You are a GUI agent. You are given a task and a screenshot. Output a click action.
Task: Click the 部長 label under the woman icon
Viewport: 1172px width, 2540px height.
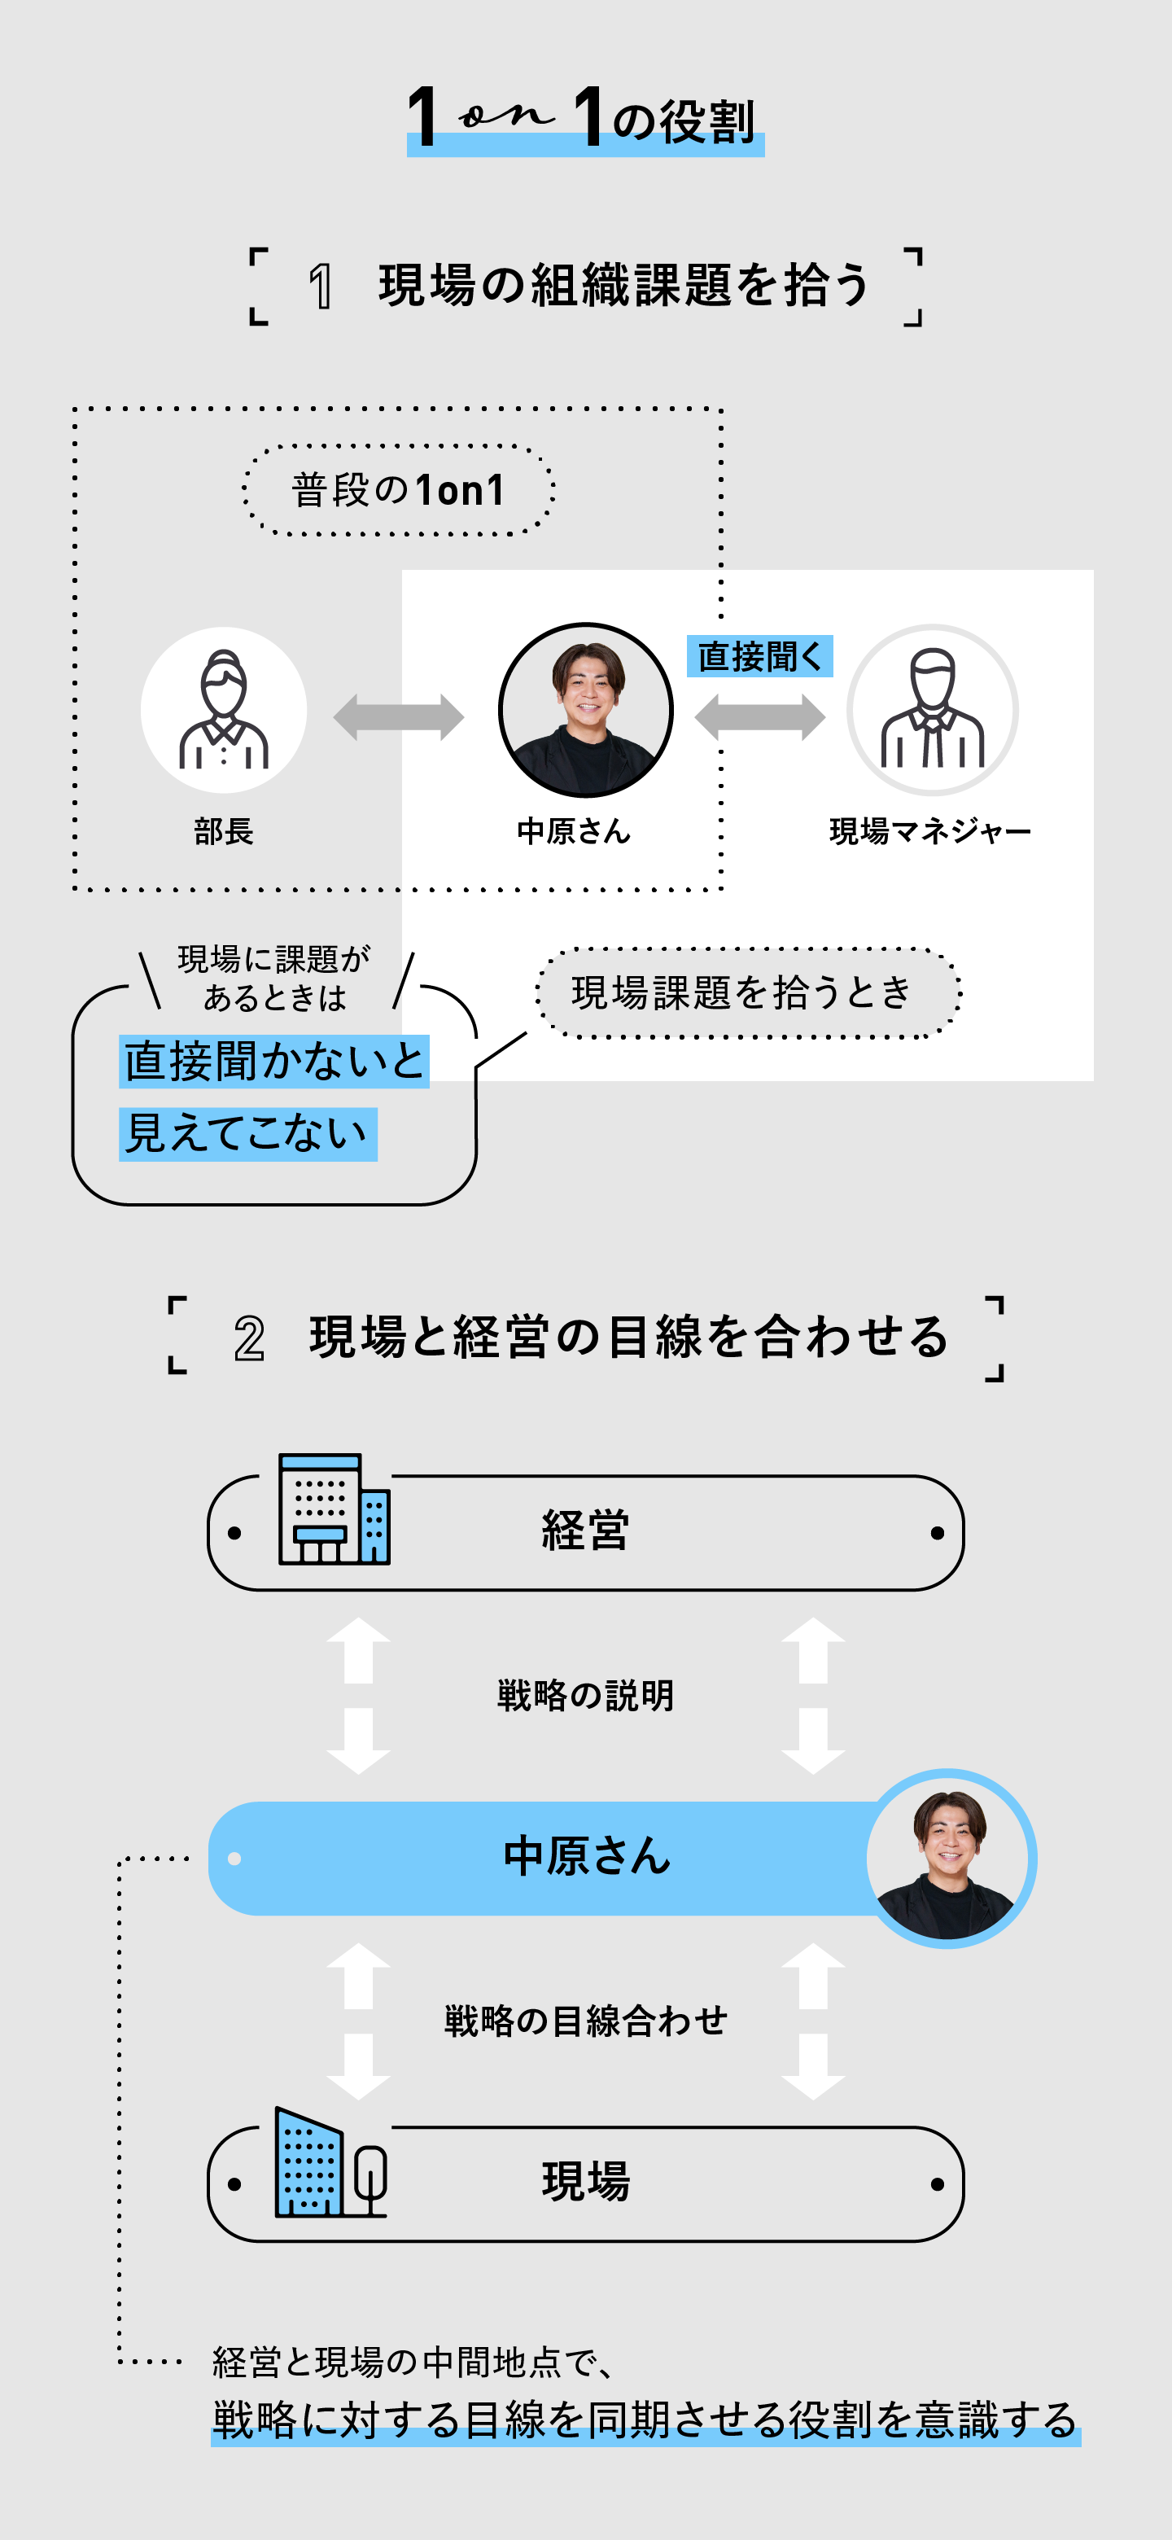tap(224, 831)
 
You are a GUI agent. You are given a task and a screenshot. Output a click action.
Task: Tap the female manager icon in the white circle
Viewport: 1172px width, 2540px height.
tap(224, 710)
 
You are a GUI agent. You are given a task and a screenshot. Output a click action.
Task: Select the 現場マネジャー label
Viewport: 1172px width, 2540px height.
tap(929, 831)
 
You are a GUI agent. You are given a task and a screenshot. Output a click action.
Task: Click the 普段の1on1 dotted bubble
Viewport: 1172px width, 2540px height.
tap(398, 490)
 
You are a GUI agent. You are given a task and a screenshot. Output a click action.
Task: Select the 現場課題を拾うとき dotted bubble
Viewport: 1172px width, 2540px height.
tap(747, 992)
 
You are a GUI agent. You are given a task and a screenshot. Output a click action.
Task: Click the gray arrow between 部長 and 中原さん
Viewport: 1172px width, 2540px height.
tap(398, 717)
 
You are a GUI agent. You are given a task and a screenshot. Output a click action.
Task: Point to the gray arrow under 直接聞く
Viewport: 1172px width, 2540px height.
tap(759, 717)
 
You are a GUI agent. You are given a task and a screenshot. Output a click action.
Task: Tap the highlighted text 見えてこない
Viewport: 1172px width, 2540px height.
tap(247, 1134)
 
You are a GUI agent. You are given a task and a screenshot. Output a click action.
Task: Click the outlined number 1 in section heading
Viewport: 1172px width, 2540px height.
tap(321, 287)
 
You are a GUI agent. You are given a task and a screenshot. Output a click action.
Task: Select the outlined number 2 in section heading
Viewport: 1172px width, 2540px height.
tap(249, 1339)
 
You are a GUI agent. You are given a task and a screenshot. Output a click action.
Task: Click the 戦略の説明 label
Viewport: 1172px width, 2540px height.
tap(585, 1695)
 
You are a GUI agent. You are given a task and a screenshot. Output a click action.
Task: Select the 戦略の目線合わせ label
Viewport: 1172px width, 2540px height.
tap(585, 2021)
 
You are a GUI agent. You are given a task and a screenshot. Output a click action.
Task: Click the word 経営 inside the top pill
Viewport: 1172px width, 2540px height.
tap(585, 1531)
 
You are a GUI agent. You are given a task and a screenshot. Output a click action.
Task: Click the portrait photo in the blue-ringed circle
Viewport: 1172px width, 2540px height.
tap(949, 1859)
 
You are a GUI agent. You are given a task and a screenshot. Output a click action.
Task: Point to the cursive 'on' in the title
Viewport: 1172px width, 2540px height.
tap(505, 116)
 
